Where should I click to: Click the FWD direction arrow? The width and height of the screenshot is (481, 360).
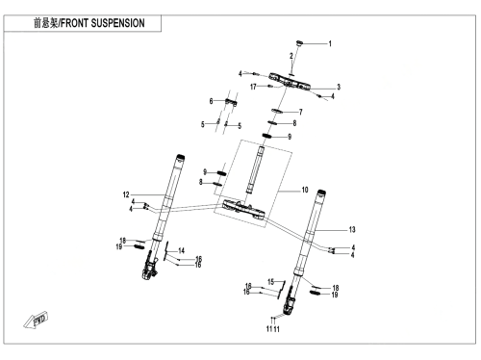[x=36, y=320]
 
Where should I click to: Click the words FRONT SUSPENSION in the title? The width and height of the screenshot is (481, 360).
[x=103, y=23]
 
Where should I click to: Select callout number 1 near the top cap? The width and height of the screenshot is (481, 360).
[x=330, y=43]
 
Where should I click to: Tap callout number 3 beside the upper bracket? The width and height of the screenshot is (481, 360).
[x=339, y=87]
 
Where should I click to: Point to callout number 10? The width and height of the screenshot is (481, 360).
[x=305, y=190]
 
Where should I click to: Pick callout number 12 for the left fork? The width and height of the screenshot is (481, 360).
[x=126, y=194]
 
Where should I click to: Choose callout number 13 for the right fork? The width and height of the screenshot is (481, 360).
[x=352, y=229]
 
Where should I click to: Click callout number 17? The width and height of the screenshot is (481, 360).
[x=253, y=87]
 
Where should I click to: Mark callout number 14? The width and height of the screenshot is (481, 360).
[x=182, y=250]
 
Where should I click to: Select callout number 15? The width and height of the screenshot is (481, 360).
[x=271, y=282]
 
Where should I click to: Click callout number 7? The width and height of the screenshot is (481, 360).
[x=301, y=112]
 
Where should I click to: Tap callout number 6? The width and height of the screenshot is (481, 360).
[x=211, y=101]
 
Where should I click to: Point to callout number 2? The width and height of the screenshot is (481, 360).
[x=291, y=56]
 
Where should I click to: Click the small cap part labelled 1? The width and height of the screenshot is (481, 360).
[x=299, y=43]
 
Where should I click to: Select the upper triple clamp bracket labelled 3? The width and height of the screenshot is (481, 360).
[x=290, y=82]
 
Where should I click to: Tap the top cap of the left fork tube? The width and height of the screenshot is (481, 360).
[x=180, y=158]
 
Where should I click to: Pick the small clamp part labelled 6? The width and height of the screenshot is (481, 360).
[x=231, y=102]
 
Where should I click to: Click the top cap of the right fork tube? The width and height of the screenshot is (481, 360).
[x=321, y=193]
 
